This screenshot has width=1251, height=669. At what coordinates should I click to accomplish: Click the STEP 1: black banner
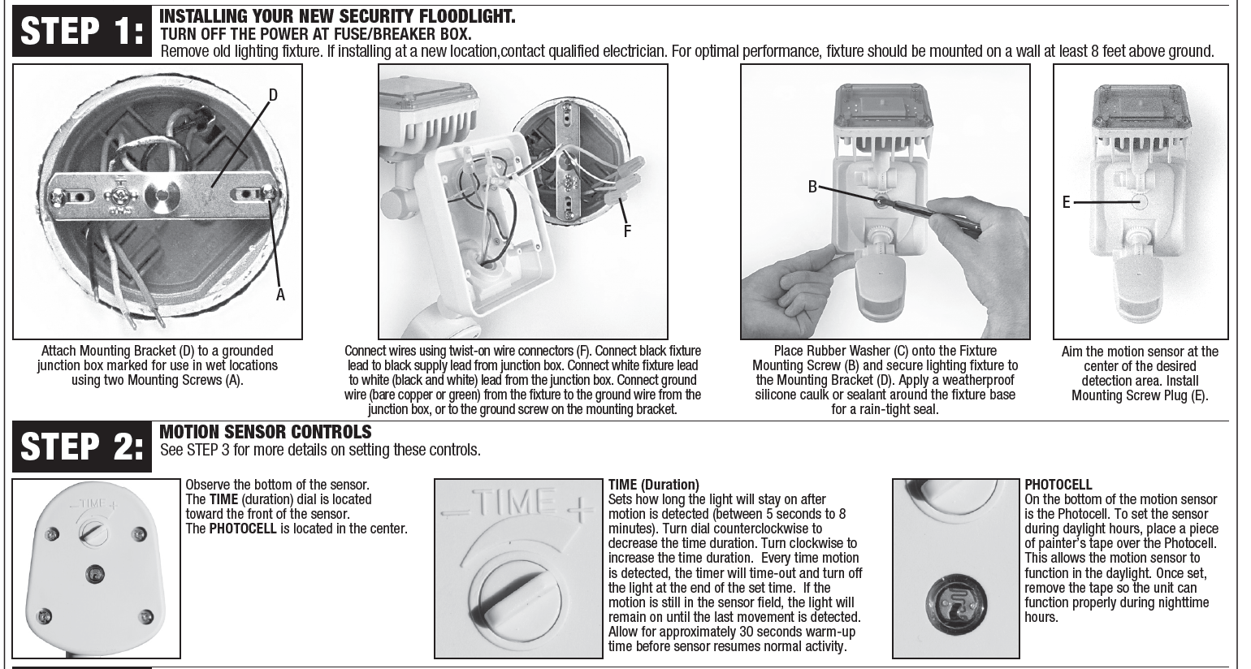point(82,32)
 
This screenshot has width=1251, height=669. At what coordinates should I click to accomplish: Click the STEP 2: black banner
point(82,446)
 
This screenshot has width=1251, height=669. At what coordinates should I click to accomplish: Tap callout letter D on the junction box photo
point(273,95)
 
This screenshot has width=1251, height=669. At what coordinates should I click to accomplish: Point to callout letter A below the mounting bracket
point(280,295)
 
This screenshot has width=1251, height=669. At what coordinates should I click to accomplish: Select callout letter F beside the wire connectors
point(627,231)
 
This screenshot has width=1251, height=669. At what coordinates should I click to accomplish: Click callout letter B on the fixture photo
point(812,187)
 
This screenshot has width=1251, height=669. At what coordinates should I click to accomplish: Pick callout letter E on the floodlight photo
point(1067,202)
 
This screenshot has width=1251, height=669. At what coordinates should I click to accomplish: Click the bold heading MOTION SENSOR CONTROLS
point(266,432)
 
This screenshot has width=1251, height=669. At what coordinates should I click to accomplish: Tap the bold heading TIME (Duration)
point(654,486)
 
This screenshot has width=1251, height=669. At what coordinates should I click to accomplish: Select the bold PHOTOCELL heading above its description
point(1058,486)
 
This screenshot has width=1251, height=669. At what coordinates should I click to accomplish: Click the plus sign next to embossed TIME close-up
point(579,513)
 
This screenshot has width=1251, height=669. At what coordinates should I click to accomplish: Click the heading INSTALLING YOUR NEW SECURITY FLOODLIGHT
point(337,17)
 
